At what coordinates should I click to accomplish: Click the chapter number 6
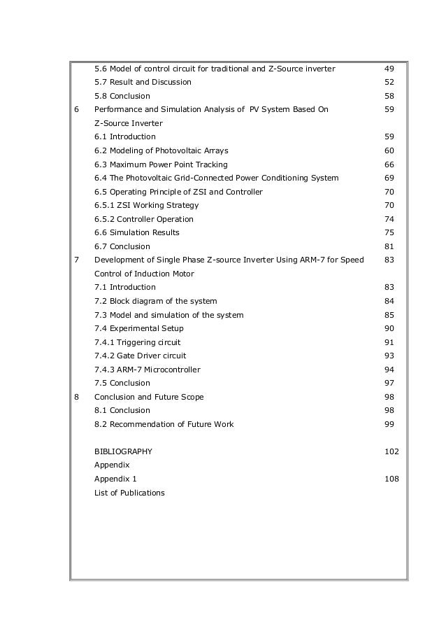[x=76, y=110]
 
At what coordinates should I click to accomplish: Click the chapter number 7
[x=76, y=260]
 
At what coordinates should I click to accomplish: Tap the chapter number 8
[x=76, y=397]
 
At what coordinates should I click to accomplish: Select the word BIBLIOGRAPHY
[x=123, y=451]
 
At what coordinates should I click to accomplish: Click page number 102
[x=391, y=451]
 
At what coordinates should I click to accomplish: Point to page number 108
[x=391, y=479]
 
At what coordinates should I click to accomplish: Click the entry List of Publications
[x=129, y=493]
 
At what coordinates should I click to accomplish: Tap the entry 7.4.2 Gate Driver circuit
[x=141, y=356]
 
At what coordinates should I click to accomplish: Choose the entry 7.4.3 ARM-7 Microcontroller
[x=148, y=370]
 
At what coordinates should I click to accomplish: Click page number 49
[x=389, y=69]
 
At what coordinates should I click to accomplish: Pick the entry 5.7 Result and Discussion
[x=143, y=83]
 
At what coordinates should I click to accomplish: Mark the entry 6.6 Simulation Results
[x=137, y=232]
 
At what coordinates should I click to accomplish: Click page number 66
[x=389, y=164]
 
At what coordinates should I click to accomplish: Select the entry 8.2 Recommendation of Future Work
[x=164, y=424]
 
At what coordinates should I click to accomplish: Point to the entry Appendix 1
[x=116, y=479]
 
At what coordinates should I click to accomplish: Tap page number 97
[x=389, y=383]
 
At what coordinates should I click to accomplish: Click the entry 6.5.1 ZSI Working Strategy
[x=147, y=205]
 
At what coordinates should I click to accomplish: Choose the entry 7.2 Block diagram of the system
[x=156, y=301]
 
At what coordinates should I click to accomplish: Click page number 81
[x=389, y=246]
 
